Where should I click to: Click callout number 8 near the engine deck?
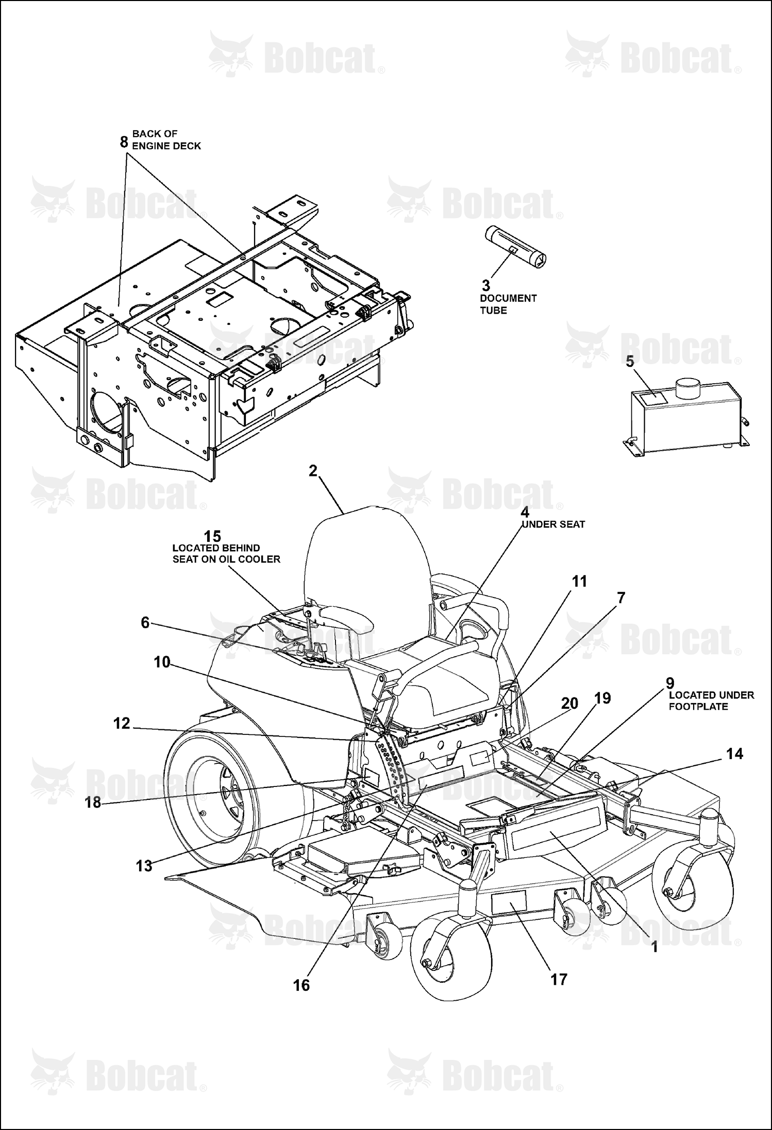coord(124,141)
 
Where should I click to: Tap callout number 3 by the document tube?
coord(486,285)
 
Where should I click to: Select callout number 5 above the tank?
coord(630,361)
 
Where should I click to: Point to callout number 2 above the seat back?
coord(313,471)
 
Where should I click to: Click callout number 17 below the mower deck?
coord(559,979)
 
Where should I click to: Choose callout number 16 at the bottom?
coord(301,985)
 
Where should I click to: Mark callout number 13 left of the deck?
coord(144,866)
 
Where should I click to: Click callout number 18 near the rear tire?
coord(93,802)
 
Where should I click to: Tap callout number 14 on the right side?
coord(735,754)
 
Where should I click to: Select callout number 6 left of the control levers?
coord(145,623)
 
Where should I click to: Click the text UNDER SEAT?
coord(553,524)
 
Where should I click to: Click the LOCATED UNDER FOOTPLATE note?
coord(711,700)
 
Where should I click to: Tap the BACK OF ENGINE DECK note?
coord(166,140)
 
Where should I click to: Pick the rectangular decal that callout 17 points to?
coord(509,901)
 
